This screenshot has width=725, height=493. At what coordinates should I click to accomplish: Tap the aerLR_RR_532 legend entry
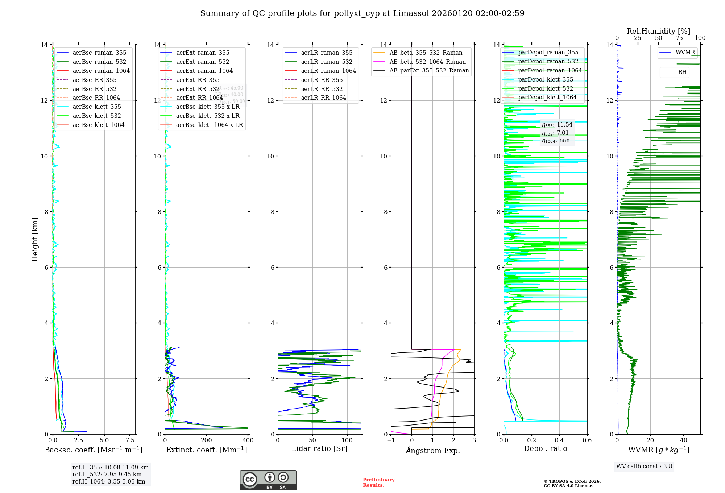point(322,89)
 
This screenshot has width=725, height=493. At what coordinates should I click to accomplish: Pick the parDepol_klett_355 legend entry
point(545,79)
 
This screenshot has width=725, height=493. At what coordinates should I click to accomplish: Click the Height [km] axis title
point(35,239)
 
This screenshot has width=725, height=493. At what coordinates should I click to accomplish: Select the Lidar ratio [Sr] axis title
point(319,448)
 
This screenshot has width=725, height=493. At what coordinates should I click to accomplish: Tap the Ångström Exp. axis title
point(432,450)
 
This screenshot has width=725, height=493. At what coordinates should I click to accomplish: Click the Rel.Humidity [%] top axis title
point(658,31)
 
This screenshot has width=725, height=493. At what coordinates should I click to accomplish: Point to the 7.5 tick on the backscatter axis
point(130,440)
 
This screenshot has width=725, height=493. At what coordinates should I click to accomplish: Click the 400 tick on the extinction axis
point(248,440)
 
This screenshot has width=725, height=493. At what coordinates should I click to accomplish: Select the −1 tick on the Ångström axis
point(391,440)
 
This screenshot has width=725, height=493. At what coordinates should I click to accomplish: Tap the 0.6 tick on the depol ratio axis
point(587,440)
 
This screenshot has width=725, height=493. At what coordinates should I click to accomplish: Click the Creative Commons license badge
point(268,480)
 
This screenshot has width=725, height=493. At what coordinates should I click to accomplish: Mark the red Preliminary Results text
point(378,482)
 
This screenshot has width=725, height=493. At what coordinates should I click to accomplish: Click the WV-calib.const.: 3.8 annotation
point(644,466)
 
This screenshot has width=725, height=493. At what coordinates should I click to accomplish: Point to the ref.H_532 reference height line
point(107,474)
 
